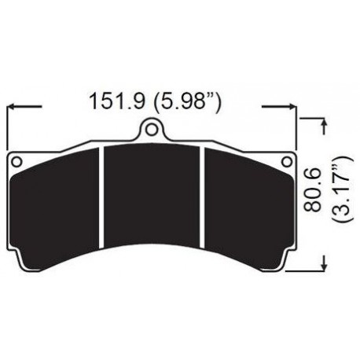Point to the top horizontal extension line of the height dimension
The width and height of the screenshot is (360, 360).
click(x=310, y=118)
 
